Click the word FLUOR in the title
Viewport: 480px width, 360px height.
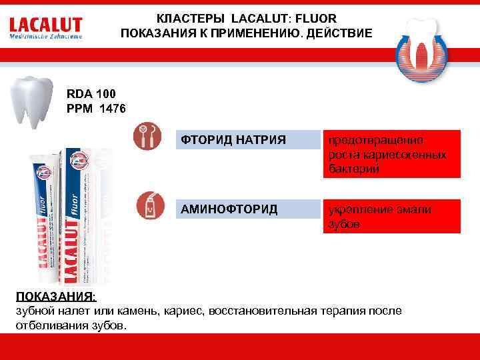(x=316, y=18)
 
